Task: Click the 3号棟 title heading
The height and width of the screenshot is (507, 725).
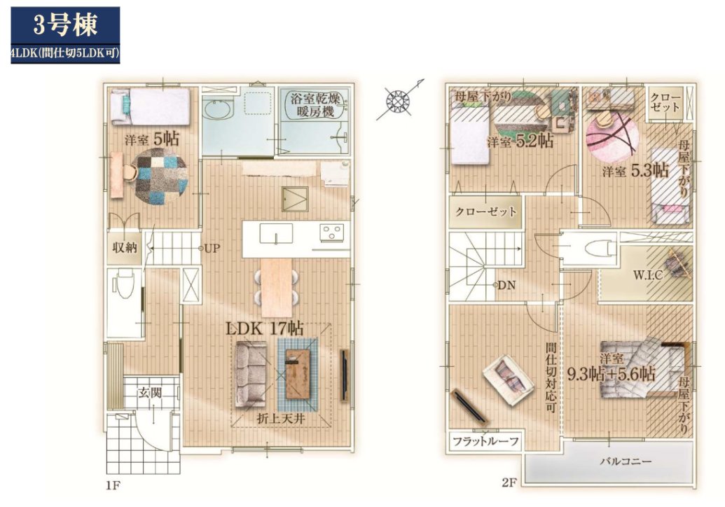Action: pyautogui.click(x=65, y=25)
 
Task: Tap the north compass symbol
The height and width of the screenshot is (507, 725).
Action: pyautogui.click(x=399, y=100)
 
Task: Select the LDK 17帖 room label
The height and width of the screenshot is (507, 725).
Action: pyautogui.click(x=265, y=328)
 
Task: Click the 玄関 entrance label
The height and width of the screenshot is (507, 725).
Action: pyautogui.click(x=150, y=393)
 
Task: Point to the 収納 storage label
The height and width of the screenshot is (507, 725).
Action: pyautogui.click(x=125, y=247)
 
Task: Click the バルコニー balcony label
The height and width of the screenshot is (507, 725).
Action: pyautogui.click(x=626, y=461)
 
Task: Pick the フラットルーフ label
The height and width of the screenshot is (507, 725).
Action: pyautogui.click(x=485, y=441)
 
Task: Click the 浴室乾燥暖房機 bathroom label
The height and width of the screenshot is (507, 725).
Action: pyautogui.click(x=315, y=104)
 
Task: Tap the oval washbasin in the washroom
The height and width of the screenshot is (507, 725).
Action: pyautogui.click(x=215, y=110)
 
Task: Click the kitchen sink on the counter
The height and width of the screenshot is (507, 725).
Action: pyautogui.click(x=276, y=233)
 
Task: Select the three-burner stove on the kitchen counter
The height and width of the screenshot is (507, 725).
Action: pyautogui.click(x=332, y=232)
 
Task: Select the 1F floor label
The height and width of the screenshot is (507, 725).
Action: pyautogui.click(x=113, y=485)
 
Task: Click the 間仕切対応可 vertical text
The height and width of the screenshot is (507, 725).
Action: pyautogui.click(x=550, y=377)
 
